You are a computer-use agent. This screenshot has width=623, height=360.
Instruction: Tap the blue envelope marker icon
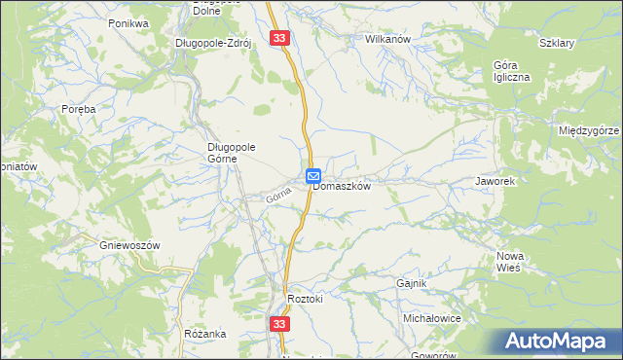click(x=314, y=175)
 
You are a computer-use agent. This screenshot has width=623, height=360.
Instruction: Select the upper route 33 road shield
click(x=280, y=38)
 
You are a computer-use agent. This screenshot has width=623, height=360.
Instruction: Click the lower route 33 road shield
click(x=280, y=324)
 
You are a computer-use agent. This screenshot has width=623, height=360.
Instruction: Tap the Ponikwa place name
click(x=128, y=22)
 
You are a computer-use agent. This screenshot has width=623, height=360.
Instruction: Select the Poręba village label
click(x=78, y=110)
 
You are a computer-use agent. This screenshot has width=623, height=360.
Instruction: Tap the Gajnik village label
click(x=413, y=283)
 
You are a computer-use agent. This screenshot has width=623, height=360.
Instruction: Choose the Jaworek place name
click(x=494, y=182)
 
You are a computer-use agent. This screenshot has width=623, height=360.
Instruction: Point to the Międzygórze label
click(x=590, y=130)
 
